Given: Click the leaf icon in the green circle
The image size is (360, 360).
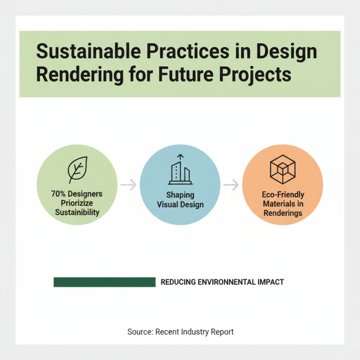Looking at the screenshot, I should point(76,170).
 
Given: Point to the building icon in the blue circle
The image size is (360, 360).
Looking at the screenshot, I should point(180,170).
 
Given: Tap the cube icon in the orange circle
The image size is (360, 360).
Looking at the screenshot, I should point(283,170).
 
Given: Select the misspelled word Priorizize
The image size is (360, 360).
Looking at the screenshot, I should point(76,203).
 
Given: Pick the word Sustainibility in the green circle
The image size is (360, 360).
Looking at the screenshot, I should point(77,211).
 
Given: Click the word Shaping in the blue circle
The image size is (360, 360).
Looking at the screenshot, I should point(180,195).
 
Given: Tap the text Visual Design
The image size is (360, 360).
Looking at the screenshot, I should point(180,204).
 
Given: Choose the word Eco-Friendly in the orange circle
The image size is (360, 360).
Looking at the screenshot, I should point(283,195).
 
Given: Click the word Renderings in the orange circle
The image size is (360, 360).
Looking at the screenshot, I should point(283,212).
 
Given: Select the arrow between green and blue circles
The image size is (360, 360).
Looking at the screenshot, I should point(128,184).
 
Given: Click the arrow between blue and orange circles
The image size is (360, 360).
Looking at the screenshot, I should point(231,184).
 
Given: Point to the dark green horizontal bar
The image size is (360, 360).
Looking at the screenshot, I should point(104,282).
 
